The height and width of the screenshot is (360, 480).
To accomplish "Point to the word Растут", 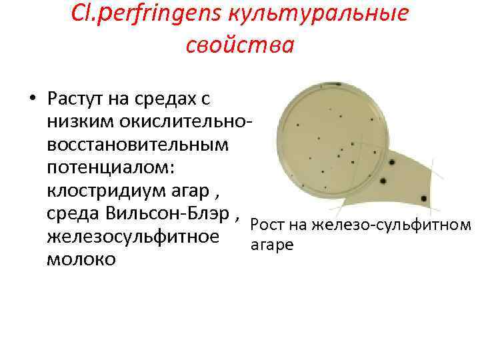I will [79, 99].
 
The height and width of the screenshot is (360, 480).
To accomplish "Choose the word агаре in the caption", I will [271, 245].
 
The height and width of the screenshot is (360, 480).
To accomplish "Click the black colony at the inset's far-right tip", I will [423, 198].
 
